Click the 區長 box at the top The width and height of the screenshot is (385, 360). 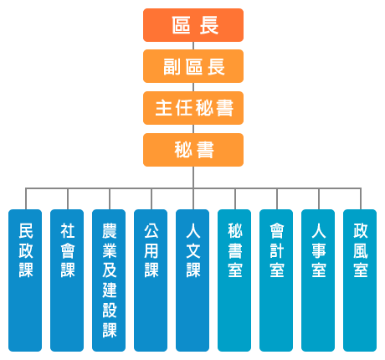coord(193,25)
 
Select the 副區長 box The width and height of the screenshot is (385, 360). coord(193,66)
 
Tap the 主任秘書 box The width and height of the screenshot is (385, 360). coord(193,108)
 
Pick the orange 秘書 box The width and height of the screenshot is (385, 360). coord(193,150)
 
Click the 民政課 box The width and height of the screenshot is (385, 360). coord(25,280)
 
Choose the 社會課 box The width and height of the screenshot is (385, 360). coord(67,280)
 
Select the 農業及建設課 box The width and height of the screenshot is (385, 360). coord(109,280)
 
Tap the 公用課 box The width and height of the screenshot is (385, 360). coord(151,280)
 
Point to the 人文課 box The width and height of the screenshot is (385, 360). coord(192,280)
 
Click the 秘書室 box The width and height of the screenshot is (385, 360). coord(234,280)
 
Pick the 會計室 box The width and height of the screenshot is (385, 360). coord(276,280)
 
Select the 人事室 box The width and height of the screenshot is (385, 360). coord(318,280)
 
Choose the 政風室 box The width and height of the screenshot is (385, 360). coord(360,280)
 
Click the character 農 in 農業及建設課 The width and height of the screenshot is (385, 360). coord(110,231)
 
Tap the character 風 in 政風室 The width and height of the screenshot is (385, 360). coord(361,250)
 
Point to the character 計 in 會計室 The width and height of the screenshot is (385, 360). coord(277,250)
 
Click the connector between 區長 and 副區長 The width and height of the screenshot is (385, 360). coord(193,46)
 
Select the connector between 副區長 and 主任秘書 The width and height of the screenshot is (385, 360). coord(193,87)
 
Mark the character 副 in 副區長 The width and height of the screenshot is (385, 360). coord(172,67)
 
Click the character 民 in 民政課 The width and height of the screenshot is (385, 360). coord(26,231)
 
